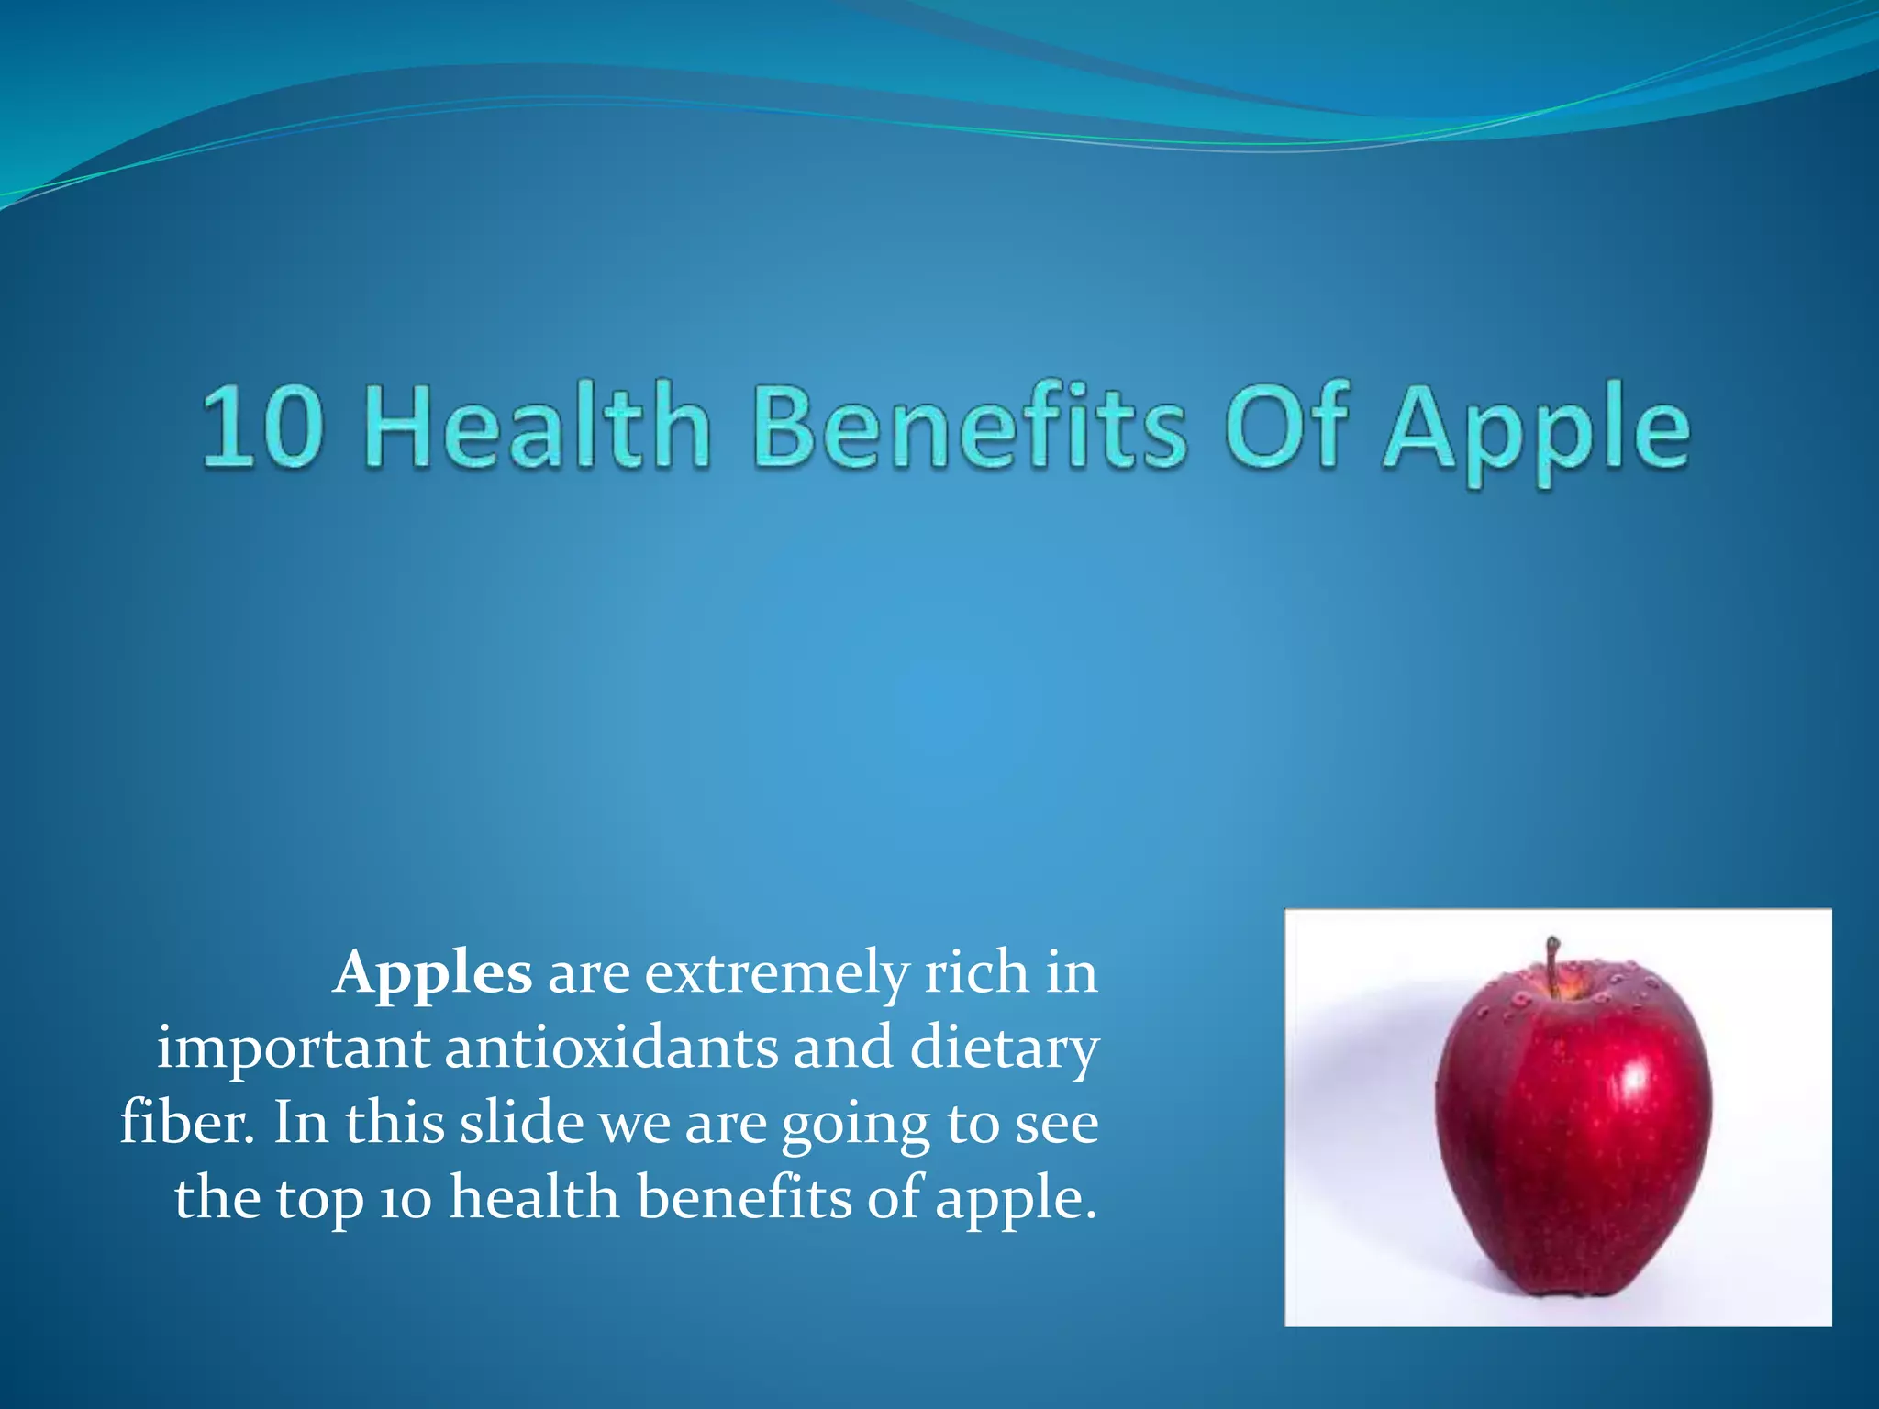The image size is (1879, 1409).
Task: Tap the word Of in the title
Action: click(1285, 426)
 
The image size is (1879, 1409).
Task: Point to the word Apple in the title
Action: click(1536, 431)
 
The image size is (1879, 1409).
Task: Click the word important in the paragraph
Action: click(293, 1048)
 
